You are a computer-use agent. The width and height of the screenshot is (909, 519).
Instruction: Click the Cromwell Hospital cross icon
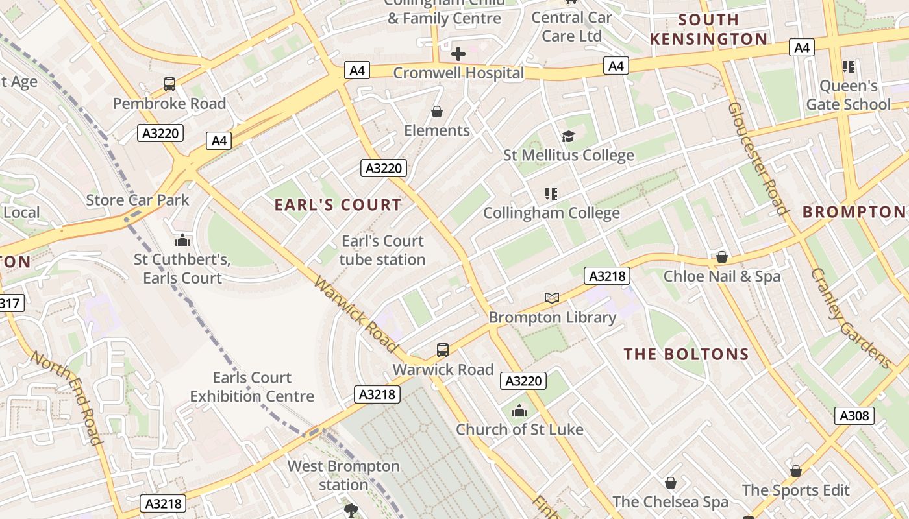tap(458, 54)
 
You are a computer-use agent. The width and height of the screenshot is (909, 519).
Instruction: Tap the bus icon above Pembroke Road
tap(169, 84)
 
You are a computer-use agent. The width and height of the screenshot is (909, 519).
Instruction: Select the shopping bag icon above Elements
tap(437, 112)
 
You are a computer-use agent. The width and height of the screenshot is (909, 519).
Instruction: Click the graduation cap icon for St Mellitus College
tap(569, 136)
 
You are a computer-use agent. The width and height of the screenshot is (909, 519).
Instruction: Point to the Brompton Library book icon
tap(552, 298)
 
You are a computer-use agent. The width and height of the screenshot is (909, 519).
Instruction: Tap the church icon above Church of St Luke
tap(519, 411)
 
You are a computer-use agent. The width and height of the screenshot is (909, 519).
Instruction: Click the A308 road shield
tap(854, 416)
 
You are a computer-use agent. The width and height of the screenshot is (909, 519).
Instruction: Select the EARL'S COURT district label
tap(338, 205)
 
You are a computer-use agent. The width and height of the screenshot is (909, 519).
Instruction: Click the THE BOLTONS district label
tap(686, 354)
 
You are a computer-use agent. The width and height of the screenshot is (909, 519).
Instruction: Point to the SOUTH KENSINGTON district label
tap(709, 29)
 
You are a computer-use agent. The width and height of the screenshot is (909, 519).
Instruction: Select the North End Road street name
tap(67, 398)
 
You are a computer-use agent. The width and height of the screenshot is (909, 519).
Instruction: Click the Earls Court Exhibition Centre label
tap(252, 387)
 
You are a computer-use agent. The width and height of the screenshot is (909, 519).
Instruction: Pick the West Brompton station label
tap(343, 475)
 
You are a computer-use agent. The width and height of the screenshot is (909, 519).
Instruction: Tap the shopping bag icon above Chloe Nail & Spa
tap(721, 258)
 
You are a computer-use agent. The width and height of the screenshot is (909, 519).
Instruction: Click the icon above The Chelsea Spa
tap(671, 483)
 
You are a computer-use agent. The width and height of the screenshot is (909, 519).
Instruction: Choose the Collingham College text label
tap(551, 213)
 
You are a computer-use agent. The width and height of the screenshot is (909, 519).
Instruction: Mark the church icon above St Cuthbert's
tap(182, 241)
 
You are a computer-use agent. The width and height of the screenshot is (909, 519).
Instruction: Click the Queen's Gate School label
tap(848, 95)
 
